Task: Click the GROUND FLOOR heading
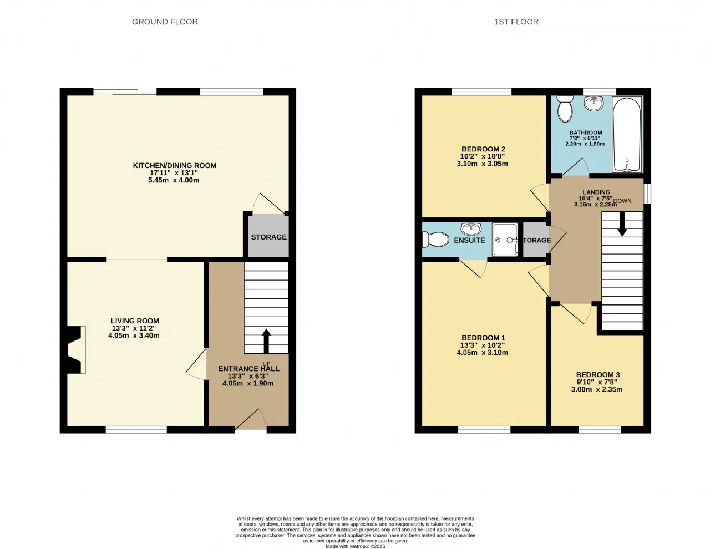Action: click(x=165, y=22)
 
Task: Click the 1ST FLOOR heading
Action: click(x=516, y=22)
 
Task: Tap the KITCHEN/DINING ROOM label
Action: click(x=175, y=166)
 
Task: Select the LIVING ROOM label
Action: click(x=135, y=321)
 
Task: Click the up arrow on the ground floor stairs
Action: click(x=266, y=340)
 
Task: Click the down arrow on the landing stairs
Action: click(x=622, y=224)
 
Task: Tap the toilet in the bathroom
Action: click(x=565, y=109)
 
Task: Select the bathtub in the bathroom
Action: click(x=627, y=134)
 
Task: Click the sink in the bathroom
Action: click(x=594, y=103)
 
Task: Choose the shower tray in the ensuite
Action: click(x=505, y=240)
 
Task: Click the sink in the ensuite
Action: click(x=471, y=229)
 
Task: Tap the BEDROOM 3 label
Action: click(x=597, y=375)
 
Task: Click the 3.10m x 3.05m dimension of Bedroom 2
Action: click(x=482, y=164)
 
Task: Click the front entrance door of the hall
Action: click(x=251, y=419)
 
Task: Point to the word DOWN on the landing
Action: click(x=622, y=201)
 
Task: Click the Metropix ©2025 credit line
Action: click(x=355, y=546)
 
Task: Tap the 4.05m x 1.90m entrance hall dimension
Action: click(x=247, y=383)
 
